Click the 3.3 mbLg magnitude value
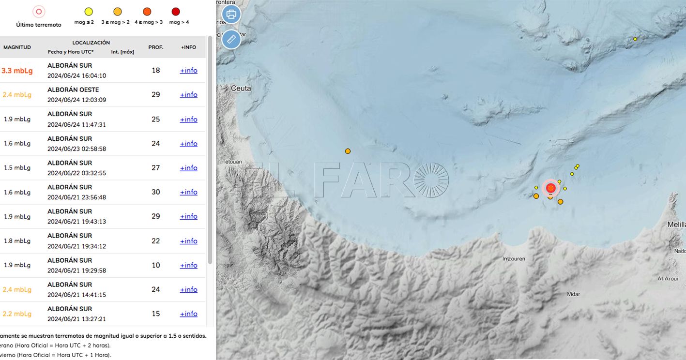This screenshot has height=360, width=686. click(x=17, y=71)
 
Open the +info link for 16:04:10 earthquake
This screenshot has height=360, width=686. click(x=188, y=71)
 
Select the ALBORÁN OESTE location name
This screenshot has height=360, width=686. click(x=73, y=90)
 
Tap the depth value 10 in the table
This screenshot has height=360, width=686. click(x=155, y=265)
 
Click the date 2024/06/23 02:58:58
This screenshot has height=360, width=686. click(x=76, y=149)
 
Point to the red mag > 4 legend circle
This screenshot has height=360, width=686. click(x=176, y=12)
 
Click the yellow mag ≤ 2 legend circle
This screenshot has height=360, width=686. click(x=88, y=12)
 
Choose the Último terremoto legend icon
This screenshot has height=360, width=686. click(x=39, y=12)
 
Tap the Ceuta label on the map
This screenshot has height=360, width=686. click(x=241, y=89)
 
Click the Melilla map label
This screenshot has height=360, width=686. click(x=676, y=225)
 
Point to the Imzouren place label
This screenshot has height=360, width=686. click(x=514, y=259)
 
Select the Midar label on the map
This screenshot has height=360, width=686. click(x=573, y=294)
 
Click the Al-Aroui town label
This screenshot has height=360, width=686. click(x=667, y=279)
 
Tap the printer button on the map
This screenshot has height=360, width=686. click(x=231, y=14)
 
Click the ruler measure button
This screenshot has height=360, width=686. click(x=231, y=39)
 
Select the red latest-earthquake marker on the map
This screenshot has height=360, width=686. click(x=550, y=188)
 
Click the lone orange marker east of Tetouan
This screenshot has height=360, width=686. click(x=348, y=151)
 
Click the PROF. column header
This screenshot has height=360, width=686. click(x=155, y=47)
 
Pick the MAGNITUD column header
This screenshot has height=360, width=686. click(x=17, y=47)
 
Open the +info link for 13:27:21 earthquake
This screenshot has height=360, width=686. click(x=188, y=314)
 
